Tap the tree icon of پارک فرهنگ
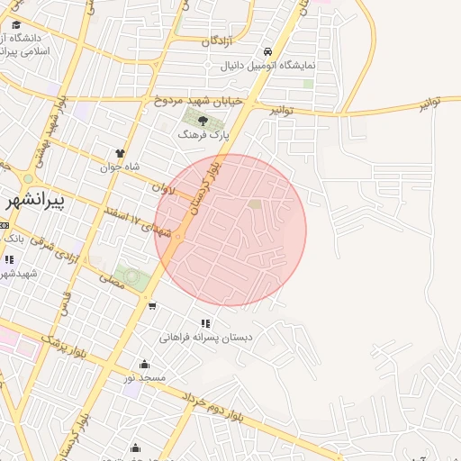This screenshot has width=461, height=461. (x=204, y=120)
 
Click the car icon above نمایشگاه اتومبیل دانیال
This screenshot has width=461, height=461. (x=268, y=51)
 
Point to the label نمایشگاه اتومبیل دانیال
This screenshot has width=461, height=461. (x=268, y=66)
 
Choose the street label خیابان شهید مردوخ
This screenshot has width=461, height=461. (x=198, y=101)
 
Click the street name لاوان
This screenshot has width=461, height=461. (x=160, y=187)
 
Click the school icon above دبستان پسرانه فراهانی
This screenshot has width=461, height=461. (x=206, y=323)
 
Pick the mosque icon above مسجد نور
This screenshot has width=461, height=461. (x=145, y=364)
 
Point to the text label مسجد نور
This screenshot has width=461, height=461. (x=145, y=378)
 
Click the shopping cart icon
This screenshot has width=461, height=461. (x=151, y=305)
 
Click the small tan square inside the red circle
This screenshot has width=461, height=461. (x=255, y=204)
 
